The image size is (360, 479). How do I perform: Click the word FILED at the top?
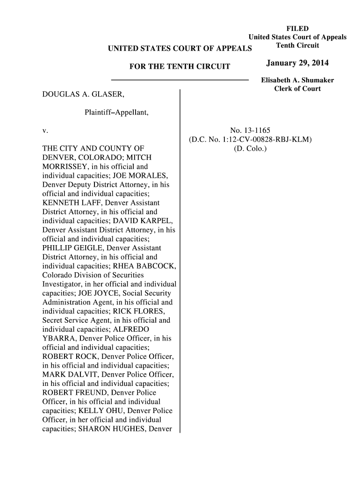(297, 29)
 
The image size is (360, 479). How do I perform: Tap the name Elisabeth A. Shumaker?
(297, 80)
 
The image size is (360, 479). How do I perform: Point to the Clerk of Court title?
(297, 88)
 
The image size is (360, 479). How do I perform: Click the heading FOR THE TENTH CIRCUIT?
(180, 66)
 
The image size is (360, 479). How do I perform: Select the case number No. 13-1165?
(250, 130)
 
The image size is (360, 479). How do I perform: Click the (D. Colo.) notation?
(250, 148)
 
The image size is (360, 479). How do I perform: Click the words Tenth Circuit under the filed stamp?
(297, 45)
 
